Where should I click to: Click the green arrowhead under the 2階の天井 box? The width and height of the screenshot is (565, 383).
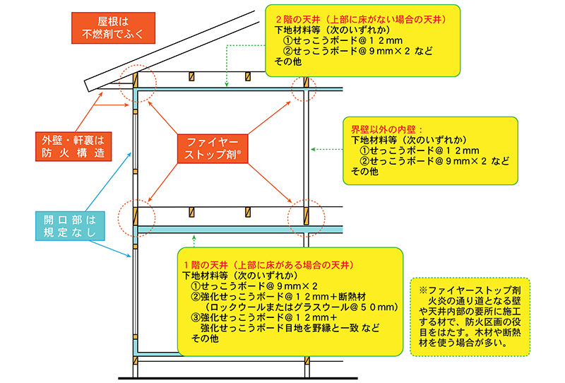[226, 84]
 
